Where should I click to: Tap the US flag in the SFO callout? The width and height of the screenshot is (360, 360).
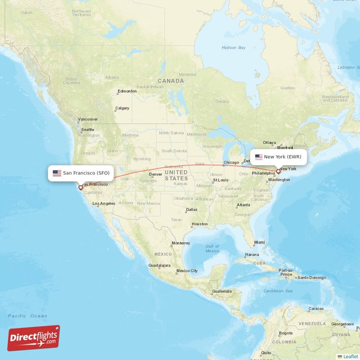pos(57,173)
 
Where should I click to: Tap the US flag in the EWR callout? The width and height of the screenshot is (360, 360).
pos(258,157)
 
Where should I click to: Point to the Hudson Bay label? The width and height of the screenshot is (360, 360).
pos(234,47)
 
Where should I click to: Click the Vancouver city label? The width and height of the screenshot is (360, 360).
pos(87,120)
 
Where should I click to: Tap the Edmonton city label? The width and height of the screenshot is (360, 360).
pos(127,91)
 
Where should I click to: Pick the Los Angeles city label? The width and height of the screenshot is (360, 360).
pos(104,203)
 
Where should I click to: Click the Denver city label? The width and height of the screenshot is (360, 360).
pos(155,174)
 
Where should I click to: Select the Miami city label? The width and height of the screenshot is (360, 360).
pos(260,242)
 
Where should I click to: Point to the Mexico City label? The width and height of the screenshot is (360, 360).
pos(187,271)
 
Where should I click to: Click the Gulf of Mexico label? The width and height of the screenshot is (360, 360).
pos(212,248)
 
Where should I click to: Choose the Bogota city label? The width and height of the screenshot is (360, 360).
pos(285,333)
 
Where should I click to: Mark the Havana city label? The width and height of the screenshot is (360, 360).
pos(252,255)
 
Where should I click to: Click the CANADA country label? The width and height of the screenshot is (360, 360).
pos(171,81)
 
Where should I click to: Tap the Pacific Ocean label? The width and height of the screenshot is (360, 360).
pos(27,316)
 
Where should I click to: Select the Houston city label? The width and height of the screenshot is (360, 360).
pos(199,224)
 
